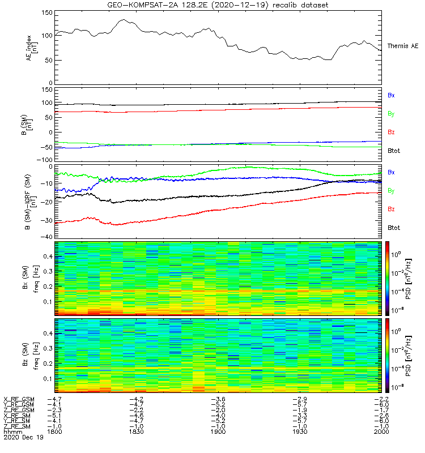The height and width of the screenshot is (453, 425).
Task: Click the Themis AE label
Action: (x=402, y=46)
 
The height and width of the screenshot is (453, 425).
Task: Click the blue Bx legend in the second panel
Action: (x=391, y=95)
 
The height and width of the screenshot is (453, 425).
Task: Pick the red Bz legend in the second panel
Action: (x=391, y=132)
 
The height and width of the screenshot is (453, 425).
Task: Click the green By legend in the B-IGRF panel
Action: (x=391, y=191)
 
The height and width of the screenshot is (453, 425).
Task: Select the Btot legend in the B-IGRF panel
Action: (x=393, y=227)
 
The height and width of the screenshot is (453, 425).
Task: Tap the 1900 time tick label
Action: (x=218, y=431)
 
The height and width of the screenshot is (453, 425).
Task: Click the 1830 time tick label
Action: (x=137, y=431)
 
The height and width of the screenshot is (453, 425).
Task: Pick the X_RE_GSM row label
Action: (x=18, y=399)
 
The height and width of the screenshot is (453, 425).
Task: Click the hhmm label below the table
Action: (x=11, y=431)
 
